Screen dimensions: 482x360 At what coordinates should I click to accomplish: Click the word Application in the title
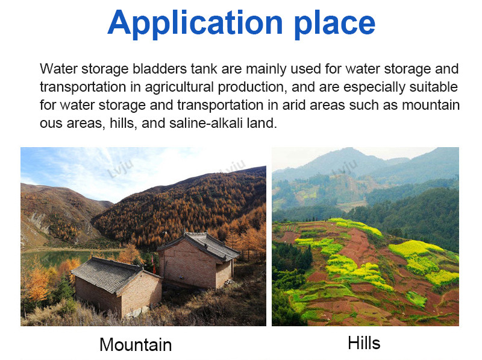[195, 24]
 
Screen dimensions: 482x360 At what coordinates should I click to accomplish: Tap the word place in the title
[334, 24]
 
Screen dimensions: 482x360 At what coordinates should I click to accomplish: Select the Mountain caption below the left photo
[136, 344]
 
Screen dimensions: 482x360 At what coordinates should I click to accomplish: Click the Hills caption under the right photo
[364, 343]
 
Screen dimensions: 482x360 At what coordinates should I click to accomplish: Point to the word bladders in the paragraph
[160, 69]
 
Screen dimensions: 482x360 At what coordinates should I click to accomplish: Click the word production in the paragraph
[252, 87]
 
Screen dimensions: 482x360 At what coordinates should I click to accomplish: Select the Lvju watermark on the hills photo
[345, 168]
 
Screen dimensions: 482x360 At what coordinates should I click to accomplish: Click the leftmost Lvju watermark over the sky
[120, 169]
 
